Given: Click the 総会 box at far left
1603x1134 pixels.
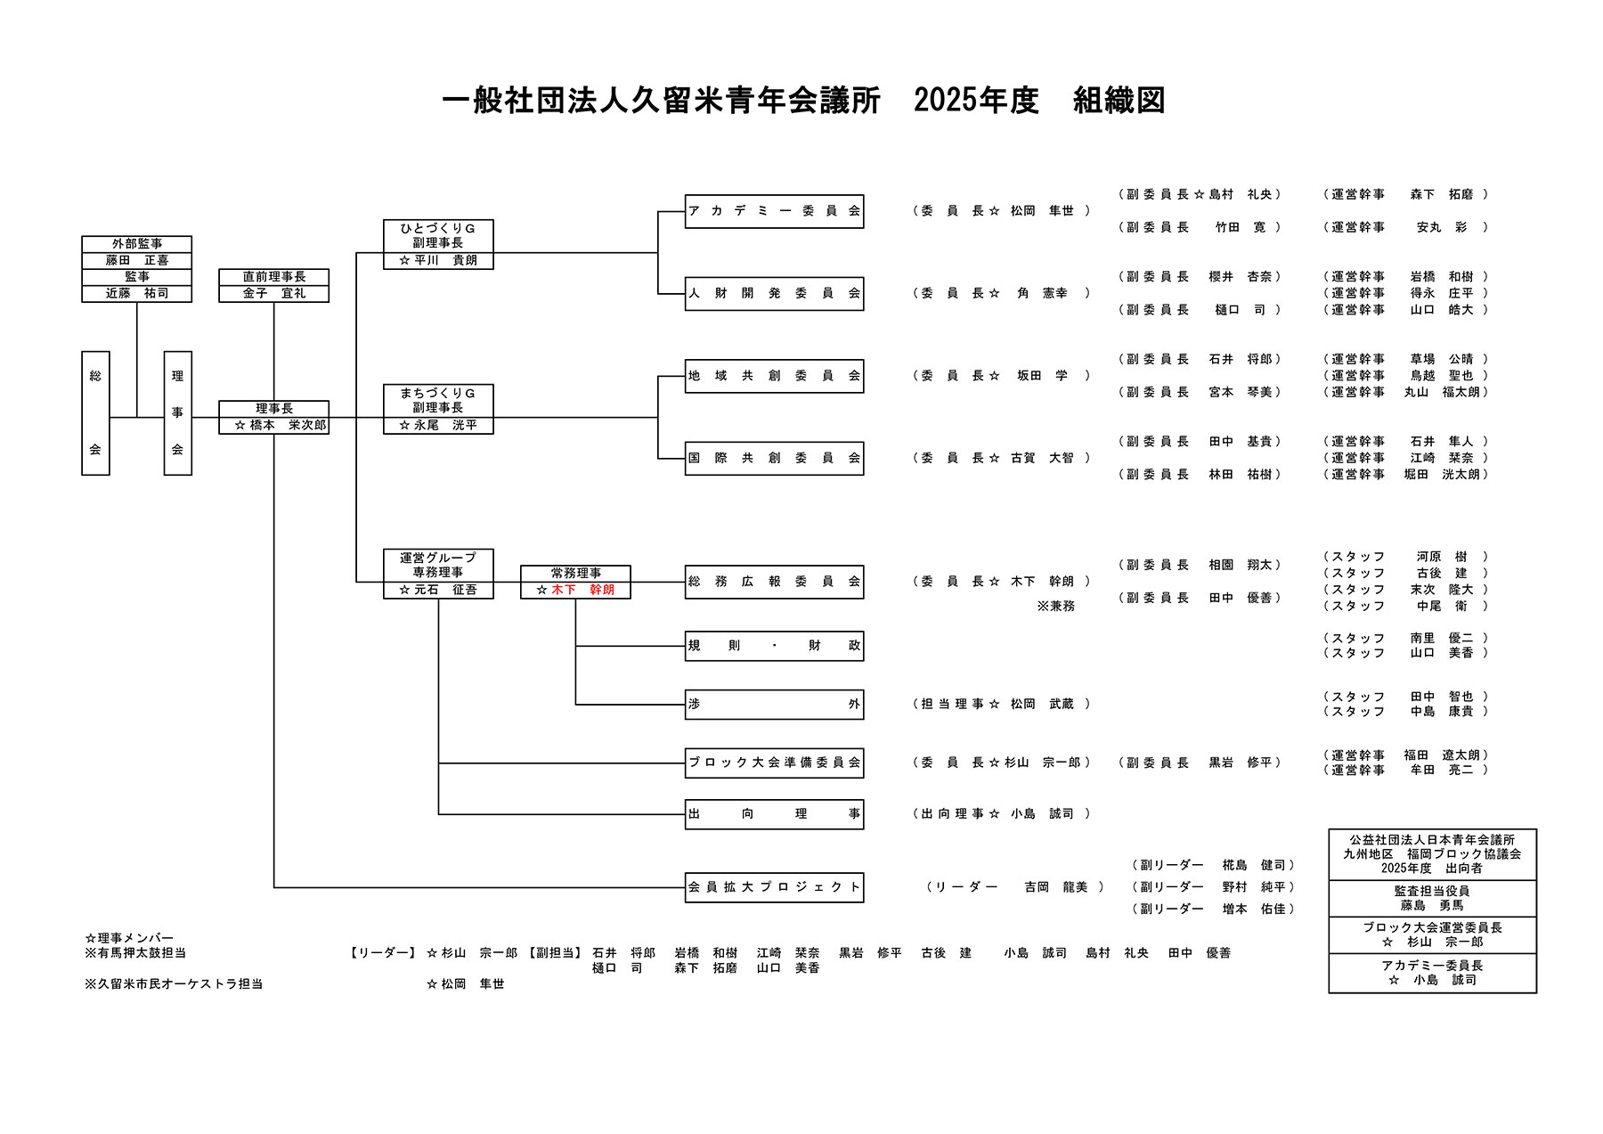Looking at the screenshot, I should point(95,412).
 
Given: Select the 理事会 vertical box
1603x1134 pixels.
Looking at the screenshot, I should point(177,412).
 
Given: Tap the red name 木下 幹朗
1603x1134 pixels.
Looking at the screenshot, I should point(582,590).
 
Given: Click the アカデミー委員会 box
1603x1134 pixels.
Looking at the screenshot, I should point(774,211).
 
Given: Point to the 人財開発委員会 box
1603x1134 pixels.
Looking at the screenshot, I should point(774,293).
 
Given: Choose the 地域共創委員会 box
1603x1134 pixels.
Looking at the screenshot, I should point(774,376).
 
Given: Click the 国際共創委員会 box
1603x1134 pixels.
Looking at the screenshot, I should point(774,458).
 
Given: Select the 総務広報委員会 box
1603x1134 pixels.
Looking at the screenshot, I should point(774,582).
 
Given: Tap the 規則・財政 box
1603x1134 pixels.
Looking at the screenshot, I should point(774,646).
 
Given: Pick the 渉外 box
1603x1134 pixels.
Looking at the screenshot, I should point(774,704).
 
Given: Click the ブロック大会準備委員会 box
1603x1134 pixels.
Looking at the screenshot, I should point(774,763).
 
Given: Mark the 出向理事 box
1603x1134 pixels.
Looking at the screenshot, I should point(774,813).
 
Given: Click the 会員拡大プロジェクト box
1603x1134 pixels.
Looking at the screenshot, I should point(774,887).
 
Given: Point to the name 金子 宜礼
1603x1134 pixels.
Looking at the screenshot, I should point(274,293).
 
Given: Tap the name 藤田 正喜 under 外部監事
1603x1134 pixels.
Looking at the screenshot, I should point(137,260).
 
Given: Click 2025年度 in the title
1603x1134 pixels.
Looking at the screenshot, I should point(976,101).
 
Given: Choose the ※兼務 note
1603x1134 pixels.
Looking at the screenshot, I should point(1055,607).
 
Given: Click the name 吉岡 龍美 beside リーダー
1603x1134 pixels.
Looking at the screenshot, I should point(1055,887).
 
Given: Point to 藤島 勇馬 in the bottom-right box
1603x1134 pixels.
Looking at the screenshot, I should point(1432,905).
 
